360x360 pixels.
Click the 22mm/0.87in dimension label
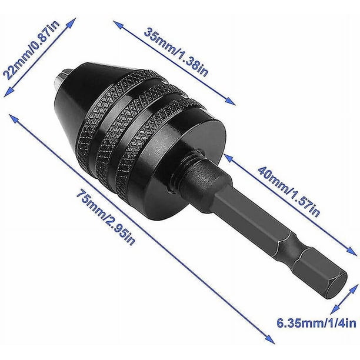(x=31, y=50)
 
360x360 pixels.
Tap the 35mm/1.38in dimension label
(x=176, y=52)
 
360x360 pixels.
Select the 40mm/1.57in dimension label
(x=289, y=192)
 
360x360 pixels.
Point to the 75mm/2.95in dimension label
(x=106, y=216)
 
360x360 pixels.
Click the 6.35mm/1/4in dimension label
(x=316, y=323)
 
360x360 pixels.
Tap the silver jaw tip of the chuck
(x=61, y=78)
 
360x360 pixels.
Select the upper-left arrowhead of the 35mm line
(x=118, y=25)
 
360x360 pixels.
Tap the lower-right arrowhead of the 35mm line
(x=230, y=101)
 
